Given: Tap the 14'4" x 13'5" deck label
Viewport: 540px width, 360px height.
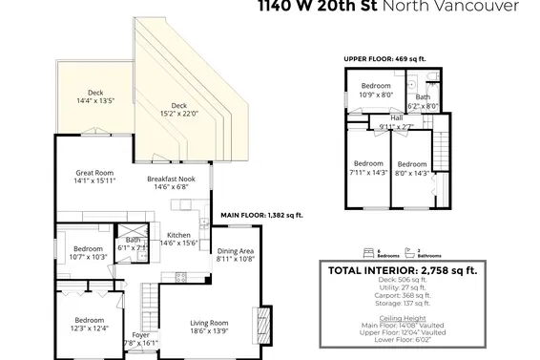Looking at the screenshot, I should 95,96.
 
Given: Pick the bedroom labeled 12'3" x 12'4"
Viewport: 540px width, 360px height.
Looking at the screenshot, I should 90,324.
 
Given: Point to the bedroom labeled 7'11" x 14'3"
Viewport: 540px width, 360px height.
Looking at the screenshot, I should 367,168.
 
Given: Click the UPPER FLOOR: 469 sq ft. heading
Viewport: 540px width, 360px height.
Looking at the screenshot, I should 388,59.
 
